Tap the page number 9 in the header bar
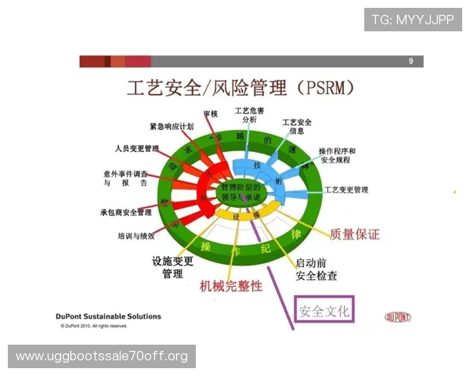[x=410, y=61]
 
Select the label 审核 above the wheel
[x=211, y=114]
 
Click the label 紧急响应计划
[x=172, y=126]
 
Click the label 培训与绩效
[x=142, y=235]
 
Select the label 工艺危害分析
[x=249, y=115]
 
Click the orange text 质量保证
[x=355, y=233]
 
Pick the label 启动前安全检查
[x=316, y=269]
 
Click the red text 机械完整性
[x=231, y=286]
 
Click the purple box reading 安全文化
[x=324, y=311]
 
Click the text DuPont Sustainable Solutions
[x=110, y=316]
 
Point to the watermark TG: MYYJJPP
[x=412, y=20]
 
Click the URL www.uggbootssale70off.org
[x=102, y=356]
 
